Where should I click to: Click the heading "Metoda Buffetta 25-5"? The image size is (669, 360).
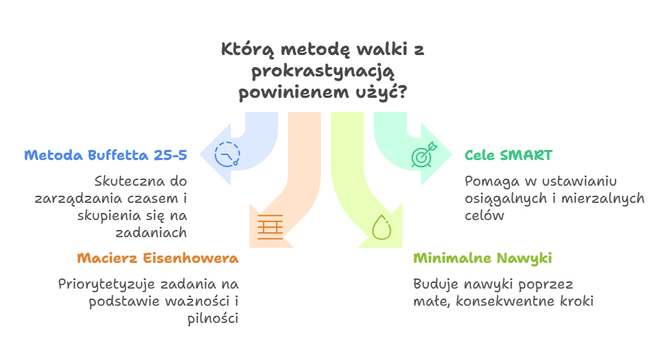pos(105,155)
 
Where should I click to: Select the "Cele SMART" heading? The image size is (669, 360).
pos(507,155)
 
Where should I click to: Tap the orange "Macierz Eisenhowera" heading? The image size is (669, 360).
pos(157,258)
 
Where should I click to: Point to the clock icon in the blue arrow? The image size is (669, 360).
pos(227,155)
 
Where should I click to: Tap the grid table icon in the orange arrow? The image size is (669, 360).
pos(269,228)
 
